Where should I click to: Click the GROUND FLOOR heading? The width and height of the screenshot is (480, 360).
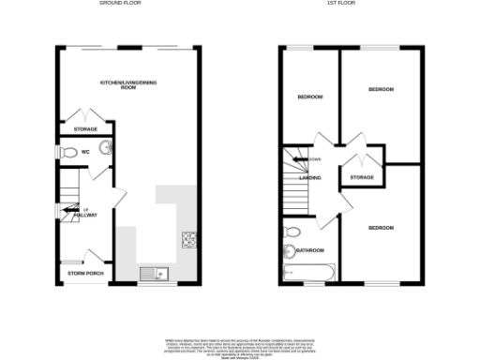click(x=127, y=4)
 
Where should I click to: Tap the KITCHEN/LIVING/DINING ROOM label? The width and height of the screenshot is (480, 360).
click(x=127, y=87)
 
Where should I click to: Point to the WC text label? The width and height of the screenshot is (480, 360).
click(x=84, y=150)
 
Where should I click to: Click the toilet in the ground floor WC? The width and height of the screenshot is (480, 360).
click(x=68, y=150)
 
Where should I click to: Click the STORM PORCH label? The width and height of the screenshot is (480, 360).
click(x=83, y=273)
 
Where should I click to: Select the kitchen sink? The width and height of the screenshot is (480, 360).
click(x=152, y=274)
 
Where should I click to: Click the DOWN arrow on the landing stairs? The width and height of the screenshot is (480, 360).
click(x=305, y=159)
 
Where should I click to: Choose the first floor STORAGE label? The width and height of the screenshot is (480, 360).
click(x=362, y=177)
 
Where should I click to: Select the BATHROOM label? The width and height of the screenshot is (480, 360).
click(x=310, y=250)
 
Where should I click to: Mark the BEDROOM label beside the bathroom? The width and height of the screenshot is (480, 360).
click(x=381, y=229)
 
